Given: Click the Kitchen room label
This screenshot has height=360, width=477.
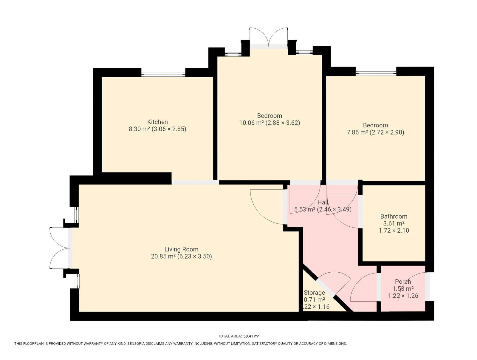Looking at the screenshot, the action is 157,122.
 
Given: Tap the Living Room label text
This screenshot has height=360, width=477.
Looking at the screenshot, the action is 181,249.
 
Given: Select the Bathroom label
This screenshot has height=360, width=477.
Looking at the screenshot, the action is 394,216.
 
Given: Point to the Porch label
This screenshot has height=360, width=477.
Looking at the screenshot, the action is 403,282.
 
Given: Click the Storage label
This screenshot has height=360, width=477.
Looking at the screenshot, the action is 314,293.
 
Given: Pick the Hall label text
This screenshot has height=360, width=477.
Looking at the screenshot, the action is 323,203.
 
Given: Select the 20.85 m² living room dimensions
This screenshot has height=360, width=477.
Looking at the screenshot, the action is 181,257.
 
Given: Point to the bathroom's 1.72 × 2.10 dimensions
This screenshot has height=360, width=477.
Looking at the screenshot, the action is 394,231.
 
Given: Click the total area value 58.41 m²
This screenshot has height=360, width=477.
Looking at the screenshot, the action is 251,336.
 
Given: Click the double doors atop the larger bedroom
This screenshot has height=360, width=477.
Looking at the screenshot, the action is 269,37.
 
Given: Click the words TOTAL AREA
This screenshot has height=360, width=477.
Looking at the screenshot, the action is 230,336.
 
